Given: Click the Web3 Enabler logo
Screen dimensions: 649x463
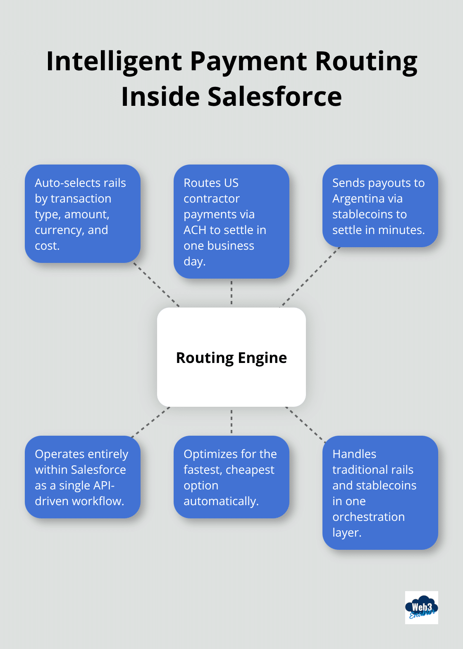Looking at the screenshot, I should click(x=421, y=607).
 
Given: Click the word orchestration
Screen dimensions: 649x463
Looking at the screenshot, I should click(x=368, y=517).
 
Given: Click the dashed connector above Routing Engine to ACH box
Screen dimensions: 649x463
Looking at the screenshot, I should click(x=231, y=293).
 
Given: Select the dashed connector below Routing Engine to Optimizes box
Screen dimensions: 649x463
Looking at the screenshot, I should click(x=231, y=421).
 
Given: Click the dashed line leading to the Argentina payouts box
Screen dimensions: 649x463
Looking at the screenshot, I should click(x=310, y=277).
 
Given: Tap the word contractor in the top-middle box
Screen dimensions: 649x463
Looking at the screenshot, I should click(x=211, y=199).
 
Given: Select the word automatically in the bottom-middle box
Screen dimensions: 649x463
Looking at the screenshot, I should click(x=221, y=501).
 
